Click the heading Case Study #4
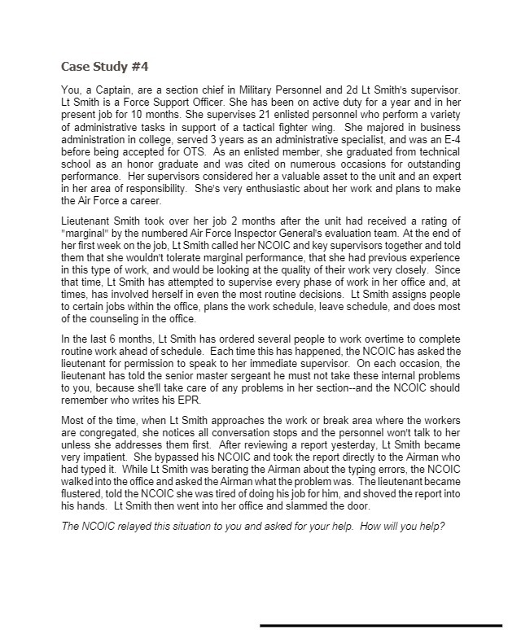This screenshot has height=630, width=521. click(x=105, y=65)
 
